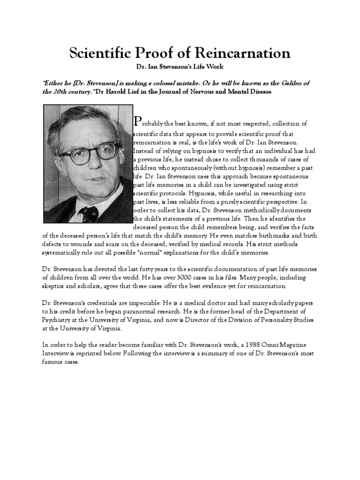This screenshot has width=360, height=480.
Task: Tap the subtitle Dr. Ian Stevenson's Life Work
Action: (180, 69)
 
